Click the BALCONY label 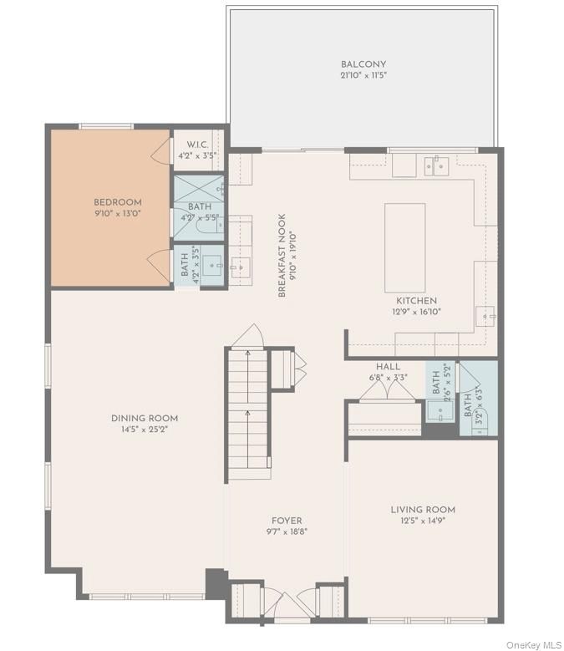363,64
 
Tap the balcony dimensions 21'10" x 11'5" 363,75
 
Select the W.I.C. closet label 197,143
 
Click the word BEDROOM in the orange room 117,202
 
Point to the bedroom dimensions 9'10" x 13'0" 117,213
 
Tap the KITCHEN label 416,301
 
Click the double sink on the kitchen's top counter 435,166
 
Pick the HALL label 388,367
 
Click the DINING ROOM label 145,419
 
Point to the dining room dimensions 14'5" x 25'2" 145,430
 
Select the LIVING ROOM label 423,510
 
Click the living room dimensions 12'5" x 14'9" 423,521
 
